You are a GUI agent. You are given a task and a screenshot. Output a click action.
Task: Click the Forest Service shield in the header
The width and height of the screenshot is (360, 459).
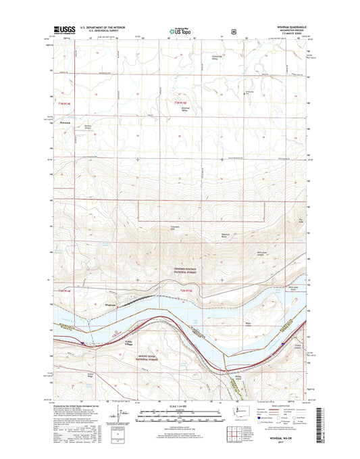(x=233, y=30)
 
